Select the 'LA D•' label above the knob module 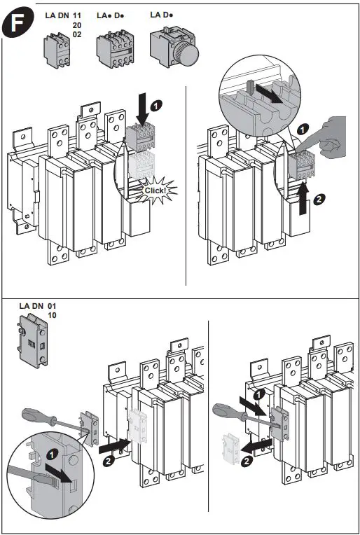(162, 14)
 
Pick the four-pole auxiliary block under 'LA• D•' (117, 49)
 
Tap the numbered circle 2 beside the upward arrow (319, 198)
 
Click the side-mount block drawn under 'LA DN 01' (32, 340)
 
